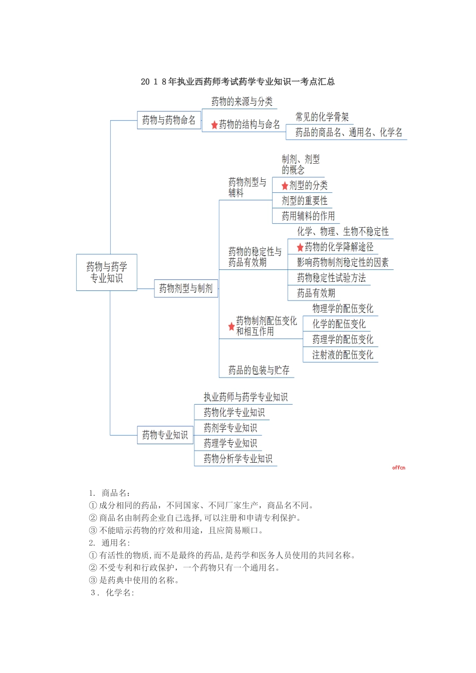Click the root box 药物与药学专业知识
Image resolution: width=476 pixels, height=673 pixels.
tap(106, 272)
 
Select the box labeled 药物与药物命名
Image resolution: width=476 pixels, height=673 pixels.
tap(169, 120)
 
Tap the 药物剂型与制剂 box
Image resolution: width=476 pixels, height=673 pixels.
tap(186, 288)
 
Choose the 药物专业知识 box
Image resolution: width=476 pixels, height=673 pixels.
tap(165, 435)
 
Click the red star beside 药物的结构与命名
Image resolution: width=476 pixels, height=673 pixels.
tap(214, 125)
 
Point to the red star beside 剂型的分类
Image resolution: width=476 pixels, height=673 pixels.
tap(285, 186)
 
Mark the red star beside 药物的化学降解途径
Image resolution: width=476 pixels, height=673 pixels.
tap(300, 247)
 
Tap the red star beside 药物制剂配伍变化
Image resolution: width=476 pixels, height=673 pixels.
tap(231, 326)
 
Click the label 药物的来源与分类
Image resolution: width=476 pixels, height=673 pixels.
tap(242, 102)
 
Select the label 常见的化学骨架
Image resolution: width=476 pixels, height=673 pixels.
tap(322, 117)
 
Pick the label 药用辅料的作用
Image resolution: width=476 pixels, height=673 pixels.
tap(308, 216)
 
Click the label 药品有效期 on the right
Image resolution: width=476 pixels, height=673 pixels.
tap(316, 293)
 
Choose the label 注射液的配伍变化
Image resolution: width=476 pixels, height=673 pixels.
tap(343, 355)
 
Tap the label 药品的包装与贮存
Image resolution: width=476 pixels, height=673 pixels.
tap(259, 371)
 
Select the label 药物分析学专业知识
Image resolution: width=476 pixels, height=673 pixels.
tap(238, 459)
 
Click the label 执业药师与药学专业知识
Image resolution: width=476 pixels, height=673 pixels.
tap(246, 397)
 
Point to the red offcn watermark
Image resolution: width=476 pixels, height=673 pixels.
tap(399, 468)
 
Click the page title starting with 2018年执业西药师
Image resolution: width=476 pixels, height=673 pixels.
tap(238, 82)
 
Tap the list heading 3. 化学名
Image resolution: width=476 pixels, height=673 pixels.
tap(112, 593)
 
